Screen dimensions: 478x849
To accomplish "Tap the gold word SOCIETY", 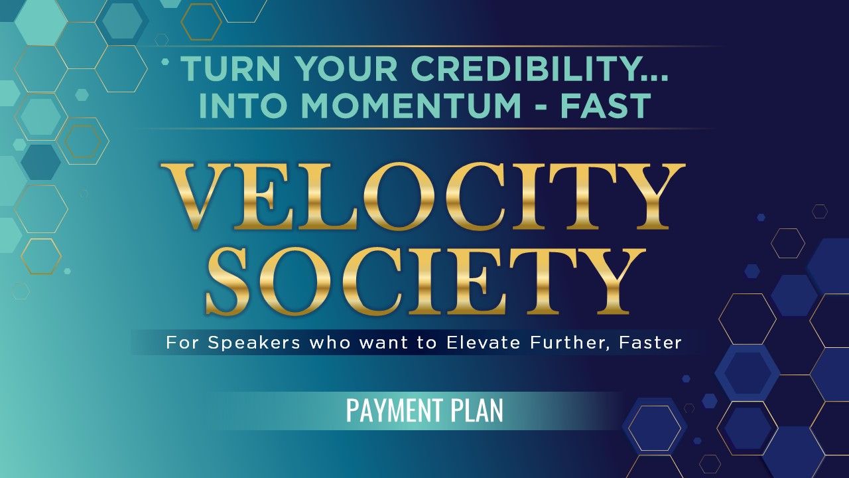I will pos(424,281).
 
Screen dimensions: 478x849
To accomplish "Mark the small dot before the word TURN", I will pos(164,62).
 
